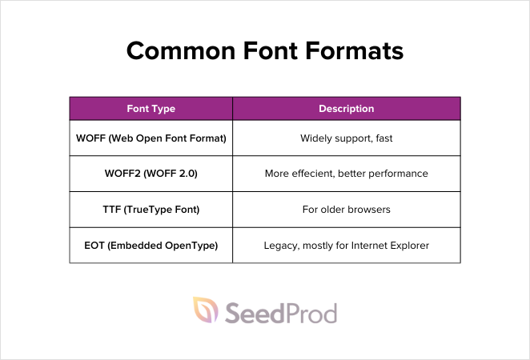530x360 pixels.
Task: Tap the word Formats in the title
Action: pyautogui.click(x=355, y=52)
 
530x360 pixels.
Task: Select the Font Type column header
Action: pyautogui.click(x=151, y=109)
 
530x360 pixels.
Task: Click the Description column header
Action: pyautogui.click(x=347, y=109)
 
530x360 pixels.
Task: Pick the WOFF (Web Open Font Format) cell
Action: pyautogui.click(x=151, y=138)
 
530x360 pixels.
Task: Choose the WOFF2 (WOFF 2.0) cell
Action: pyautogui.click(x=151, y=174)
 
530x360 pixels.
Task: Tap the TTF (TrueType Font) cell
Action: pyautogui.click(x=151, y=210)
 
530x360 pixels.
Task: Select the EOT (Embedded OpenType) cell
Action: pyautogui.click(x=151, y=245)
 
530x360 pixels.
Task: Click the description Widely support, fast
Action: pyautogui.click(x=347, y=138)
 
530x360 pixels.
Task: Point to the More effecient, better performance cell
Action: pyautogui.click(x=347, y=174)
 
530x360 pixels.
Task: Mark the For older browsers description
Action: pyautogui.click(x=347, y=210)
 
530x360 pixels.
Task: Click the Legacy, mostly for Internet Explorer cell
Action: pyautogui.click(x=347, y=245)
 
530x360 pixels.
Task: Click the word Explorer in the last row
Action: pyautogui.click(x=408, y=245)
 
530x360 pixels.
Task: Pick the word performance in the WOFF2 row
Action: pyautogui.click(x=398, y=174)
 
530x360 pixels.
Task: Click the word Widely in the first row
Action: pyautogui.click(x=316, y=138)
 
